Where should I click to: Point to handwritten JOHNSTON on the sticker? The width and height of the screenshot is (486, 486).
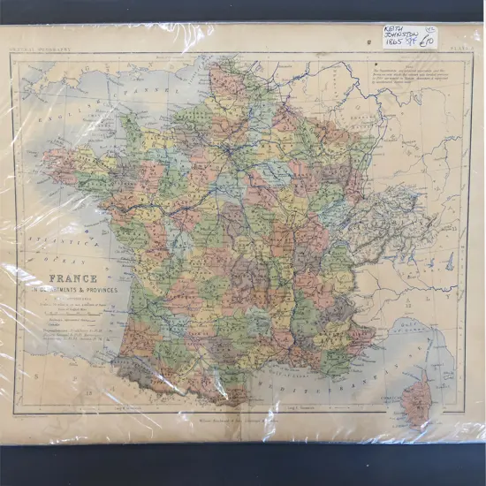(402, 37)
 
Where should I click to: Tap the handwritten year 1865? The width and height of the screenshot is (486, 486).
(395, 47)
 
